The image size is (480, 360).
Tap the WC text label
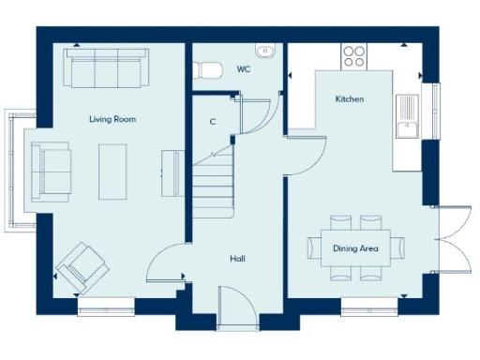244,69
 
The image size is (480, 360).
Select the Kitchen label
349,98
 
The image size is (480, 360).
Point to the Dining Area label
355,248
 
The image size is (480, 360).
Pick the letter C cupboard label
214,122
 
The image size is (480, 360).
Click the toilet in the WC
206,70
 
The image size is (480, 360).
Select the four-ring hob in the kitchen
354,55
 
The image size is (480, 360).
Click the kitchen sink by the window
408,117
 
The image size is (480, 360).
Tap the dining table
356,248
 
